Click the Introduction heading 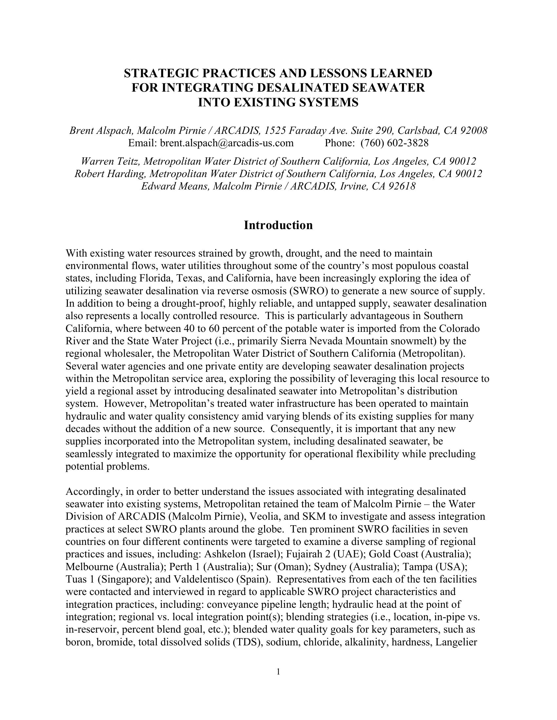278,225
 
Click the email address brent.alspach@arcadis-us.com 226,143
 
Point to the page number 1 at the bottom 278,672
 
